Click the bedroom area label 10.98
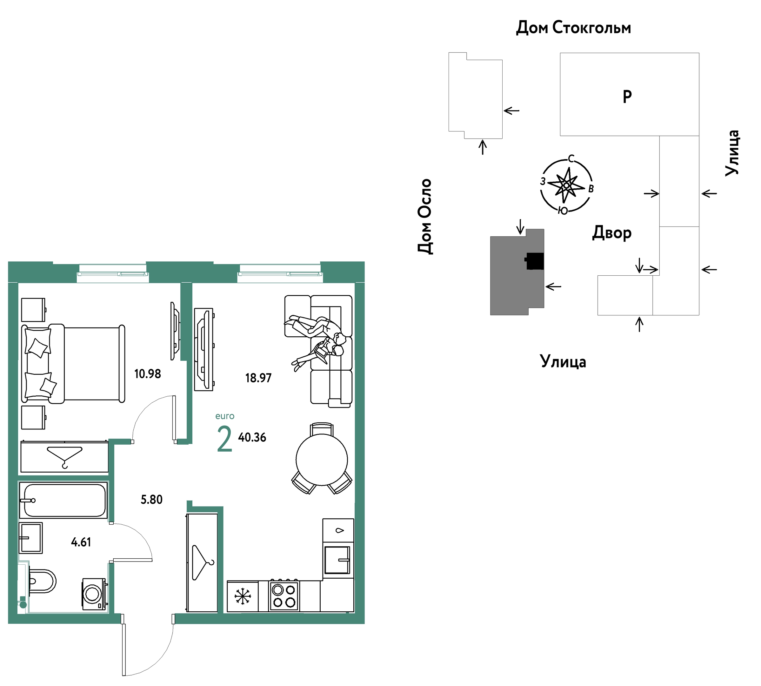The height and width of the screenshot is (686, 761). click(148, 373)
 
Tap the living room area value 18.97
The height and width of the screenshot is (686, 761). click(258, 378)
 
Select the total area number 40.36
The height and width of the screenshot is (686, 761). click(252, 437)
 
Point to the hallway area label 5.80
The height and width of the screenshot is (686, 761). click(151, 500)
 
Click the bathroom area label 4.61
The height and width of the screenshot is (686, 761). click(81, 542)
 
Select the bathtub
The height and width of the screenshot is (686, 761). click(63, 500)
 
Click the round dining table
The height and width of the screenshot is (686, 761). click(322, 460)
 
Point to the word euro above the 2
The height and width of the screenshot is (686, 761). click(225, 416)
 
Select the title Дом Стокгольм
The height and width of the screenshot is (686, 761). click(573, 28)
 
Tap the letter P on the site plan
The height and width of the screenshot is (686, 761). click(627, 97)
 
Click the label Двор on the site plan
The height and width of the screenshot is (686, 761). click(612, 232)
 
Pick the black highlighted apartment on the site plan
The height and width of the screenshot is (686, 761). click(535, 261)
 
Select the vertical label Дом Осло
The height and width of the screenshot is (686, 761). click(425, 216)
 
